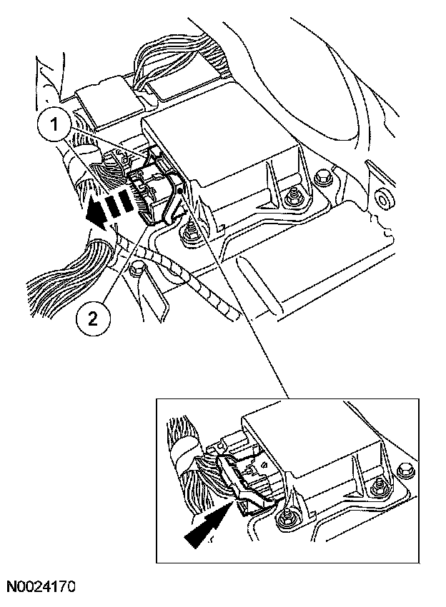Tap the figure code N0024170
41,588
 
